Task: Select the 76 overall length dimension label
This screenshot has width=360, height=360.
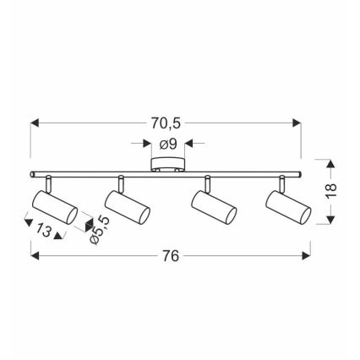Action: (x=172, y=256)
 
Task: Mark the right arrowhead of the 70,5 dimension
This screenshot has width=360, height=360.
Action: (x=299, y=121)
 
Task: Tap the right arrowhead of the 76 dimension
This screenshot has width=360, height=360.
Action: (x=306, y=255)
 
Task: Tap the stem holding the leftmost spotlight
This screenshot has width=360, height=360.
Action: (x=48, y=183)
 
